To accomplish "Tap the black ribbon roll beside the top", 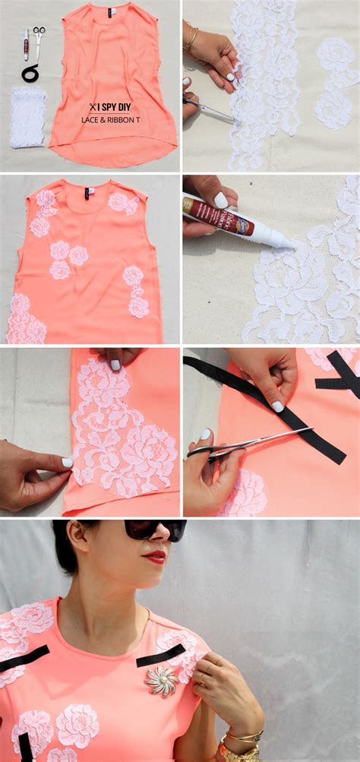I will pos(31,73).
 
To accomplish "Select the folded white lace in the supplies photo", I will pos(27,117).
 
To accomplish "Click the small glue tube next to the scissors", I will pos(25,43).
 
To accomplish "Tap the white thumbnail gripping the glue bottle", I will pos(221,200).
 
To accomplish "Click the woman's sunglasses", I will pos(156,530).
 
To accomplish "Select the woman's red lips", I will pos(155,558).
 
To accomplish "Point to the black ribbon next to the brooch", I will pos(160,655).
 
